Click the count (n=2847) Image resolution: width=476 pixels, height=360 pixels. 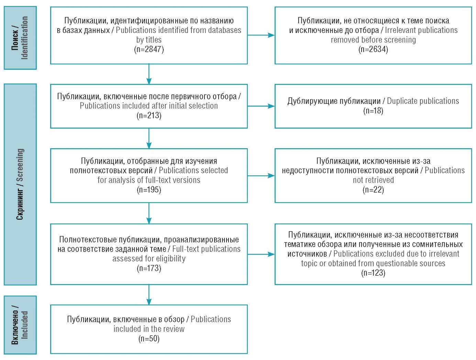click(149, 49)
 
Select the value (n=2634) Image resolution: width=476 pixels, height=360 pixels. click(373, 49)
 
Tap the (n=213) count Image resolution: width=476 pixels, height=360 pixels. click(149, 115)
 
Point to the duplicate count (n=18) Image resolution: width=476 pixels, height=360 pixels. click(373, 111)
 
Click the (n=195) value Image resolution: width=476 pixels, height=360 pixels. click(149, 190)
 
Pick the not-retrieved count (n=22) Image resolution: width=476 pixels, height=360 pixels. click(373, 190)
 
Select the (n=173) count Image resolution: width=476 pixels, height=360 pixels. click(149, 268)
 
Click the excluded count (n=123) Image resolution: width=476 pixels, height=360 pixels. click(373, 273)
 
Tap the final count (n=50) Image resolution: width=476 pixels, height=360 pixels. click(149, 339)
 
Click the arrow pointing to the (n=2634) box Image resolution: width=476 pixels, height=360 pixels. click(261, 35)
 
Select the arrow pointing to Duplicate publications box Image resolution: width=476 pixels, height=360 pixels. click(261, 106)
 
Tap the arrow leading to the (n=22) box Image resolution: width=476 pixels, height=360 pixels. click(261, 176)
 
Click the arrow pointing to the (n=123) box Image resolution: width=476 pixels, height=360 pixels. click(261, 254)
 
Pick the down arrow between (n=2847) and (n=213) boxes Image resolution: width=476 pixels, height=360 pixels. click(149, 74)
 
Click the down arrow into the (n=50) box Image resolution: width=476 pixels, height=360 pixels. click(149, 295)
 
